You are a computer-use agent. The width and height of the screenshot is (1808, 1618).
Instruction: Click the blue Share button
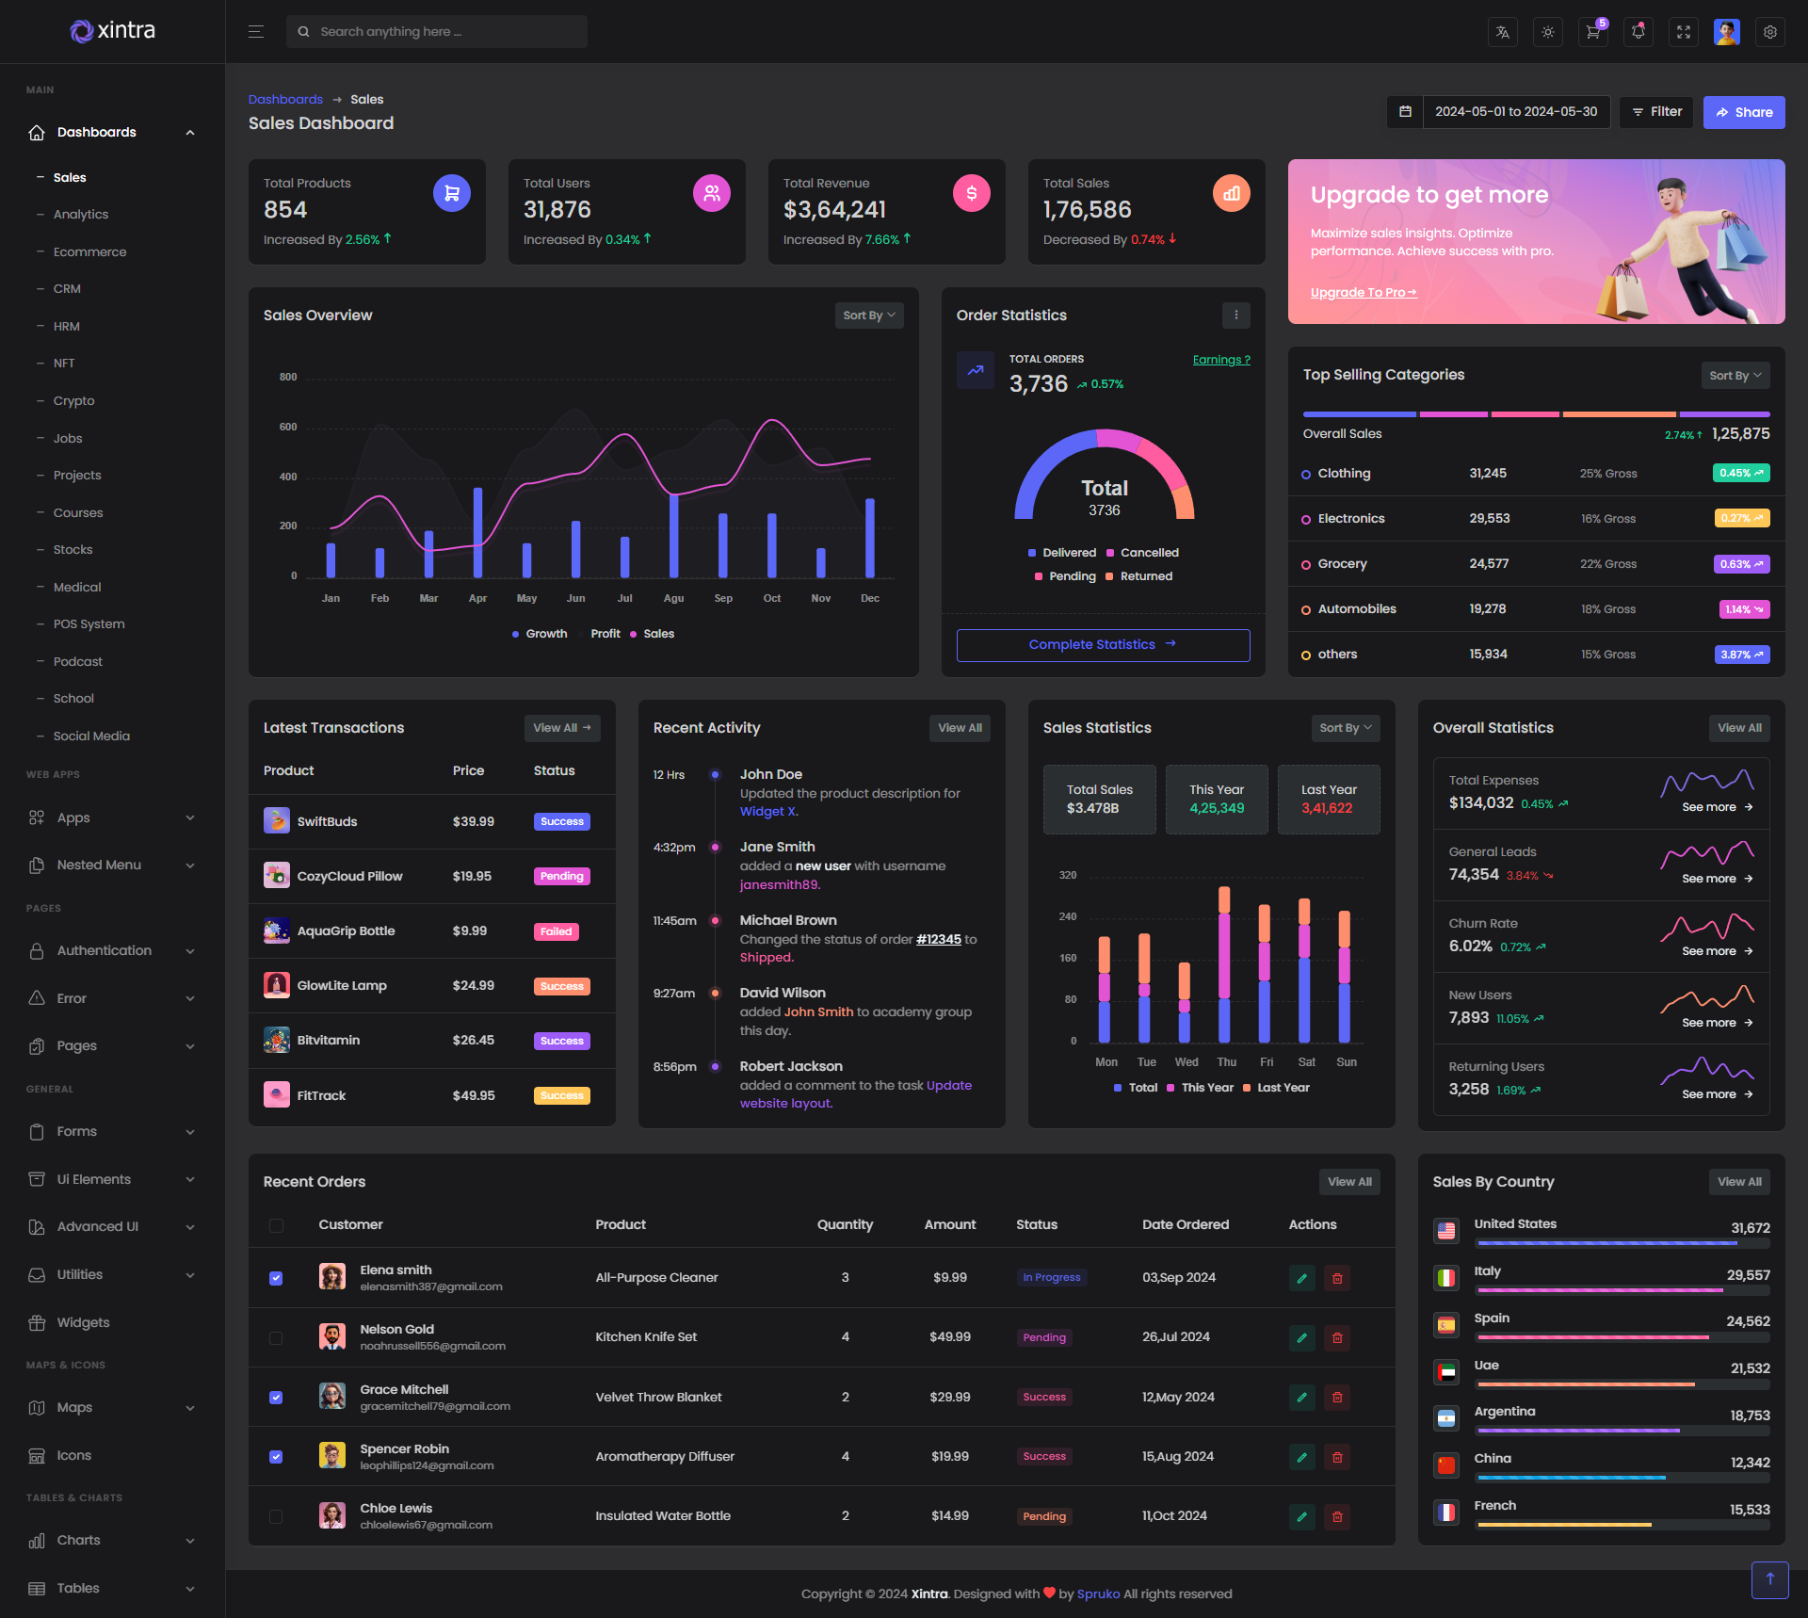click(1743, 112)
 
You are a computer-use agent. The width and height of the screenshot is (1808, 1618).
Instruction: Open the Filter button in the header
click(1656, 112)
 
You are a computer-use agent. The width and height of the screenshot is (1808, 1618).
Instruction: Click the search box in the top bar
click(437, 32)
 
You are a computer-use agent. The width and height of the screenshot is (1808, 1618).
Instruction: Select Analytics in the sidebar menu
click(81, 215)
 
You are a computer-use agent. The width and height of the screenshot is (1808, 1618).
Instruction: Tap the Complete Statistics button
click(1103, 645)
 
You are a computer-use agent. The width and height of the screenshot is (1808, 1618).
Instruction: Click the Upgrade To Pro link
click(1363, 293)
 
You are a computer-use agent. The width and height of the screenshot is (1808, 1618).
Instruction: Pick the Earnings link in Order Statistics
click(1221, 360)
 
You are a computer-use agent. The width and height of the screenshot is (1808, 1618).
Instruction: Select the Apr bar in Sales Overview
click(478, 532)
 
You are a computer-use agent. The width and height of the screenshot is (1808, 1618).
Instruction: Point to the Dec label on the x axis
click(870, 599)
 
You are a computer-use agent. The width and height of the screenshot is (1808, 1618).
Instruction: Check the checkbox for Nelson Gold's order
click(276, 1338)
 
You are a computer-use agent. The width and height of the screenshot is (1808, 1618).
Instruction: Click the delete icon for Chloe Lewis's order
click(1337, 1517)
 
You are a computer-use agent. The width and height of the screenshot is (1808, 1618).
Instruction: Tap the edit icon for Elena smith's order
click(1302, 1279)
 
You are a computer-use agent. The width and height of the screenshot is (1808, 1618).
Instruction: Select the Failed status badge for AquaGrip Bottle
click(556, 932)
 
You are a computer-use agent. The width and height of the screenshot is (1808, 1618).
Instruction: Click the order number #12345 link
click(939, 940)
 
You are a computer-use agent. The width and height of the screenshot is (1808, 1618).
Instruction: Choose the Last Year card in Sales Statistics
click(1329, 800)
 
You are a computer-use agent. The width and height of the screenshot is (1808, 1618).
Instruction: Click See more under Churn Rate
click(1717, 951)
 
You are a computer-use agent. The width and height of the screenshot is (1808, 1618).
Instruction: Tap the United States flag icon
click(1446, 1230)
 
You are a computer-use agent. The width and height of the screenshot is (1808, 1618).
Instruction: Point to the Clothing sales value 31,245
click(1488, 474)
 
